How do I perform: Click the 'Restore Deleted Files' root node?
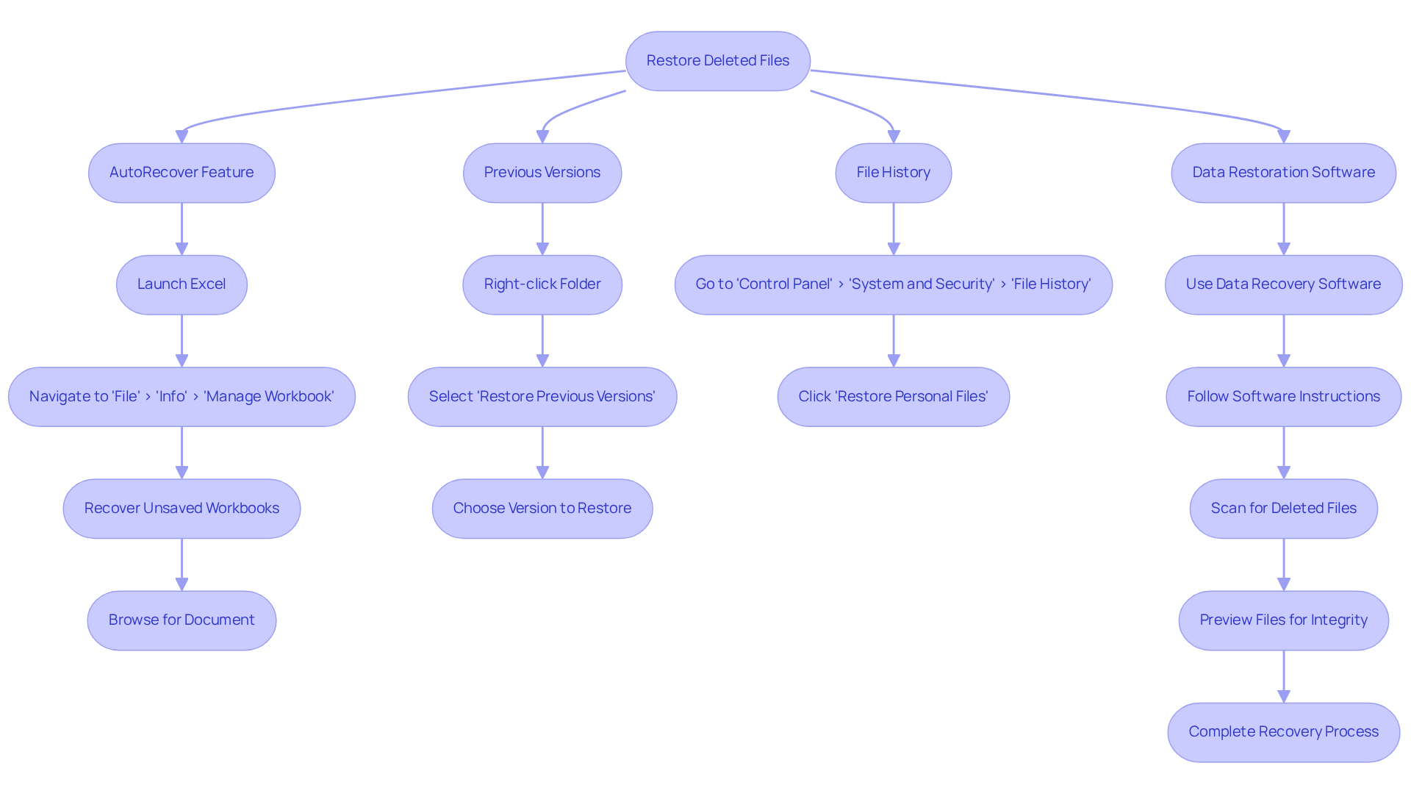coord(717,61)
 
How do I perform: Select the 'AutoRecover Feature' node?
coord(182,173)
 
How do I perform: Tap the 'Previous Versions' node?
coord(542,173)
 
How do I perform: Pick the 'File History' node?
coord(893,173)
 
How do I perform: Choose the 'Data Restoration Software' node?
coord(1283,173)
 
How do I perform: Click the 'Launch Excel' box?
coord(182,284)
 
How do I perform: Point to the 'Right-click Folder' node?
coord(542,284)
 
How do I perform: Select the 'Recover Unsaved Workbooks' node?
coord(182,509)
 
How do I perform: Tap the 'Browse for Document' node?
coord(182,620)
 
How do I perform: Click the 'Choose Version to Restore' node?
coord(542,509)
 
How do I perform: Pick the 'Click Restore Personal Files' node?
coord(893,397)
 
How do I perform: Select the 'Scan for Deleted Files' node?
coord(1283,509)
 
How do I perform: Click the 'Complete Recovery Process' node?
coord(1283,732)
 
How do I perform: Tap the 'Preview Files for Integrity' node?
coord(1283,620)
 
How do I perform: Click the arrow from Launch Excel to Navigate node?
coord(182,341)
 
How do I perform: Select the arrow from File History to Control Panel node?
coord(894,229)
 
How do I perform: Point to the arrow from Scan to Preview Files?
coord(1284,564)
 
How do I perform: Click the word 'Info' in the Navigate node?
coord(171,397)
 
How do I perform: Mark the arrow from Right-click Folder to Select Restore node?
coord(542,341)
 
